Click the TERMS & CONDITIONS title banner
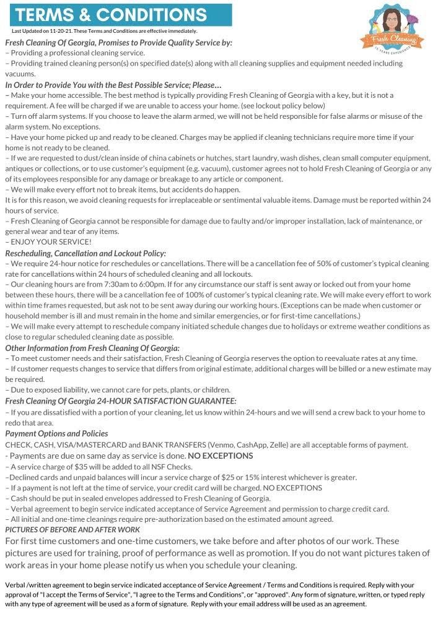point(118,14)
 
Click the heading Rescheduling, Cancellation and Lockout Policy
point(85,253)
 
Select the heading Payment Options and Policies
point(56,434)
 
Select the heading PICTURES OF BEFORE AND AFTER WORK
point(72,530)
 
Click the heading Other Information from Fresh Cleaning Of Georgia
point(92,348)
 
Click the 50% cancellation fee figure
point(292,264)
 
